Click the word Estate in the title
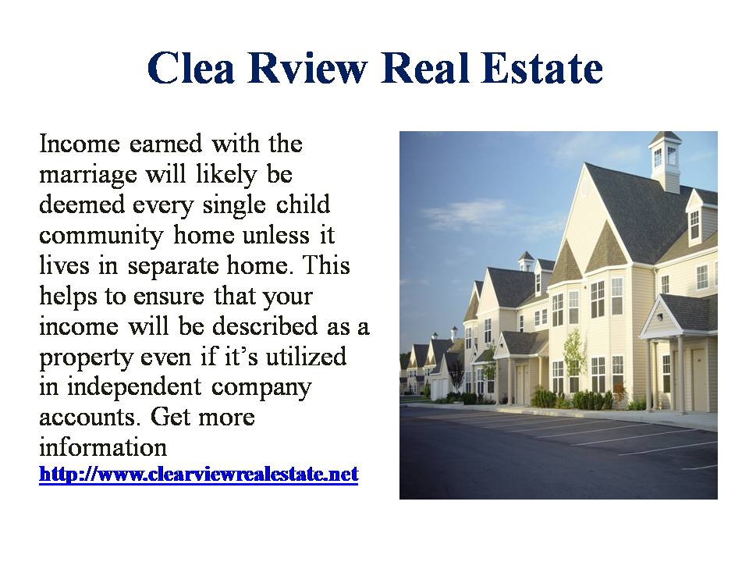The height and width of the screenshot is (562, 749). tap(543, 68)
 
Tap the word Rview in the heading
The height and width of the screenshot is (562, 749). tap(307, 68)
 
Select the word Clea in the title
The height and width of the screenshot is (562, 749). tap(191, 68)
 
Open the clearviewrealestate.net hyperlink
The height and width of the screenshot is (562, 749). tap(199, 475)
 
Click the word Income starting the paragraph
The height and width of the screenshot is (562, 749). tap(80, 144)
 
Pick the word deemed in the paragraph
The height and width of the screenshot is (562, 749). tap(82, 205)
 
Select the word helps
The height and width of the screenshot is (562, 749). tap(69, 297)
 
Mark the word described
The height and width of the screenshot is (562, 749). tap(265, 326)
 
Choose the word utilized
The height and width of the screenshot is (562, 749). tap(306, 357)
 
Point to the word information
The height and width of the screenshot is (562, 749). tap(103, 448)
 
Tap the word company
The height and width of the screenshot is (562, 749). tap(261, 389)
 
